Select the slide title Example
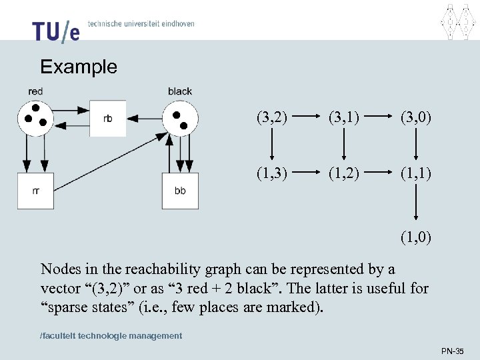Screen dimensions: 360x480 point(78,67)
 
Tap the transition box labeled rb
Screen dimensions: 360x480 point(107,119)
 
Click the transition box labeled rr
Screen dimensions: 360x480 point(35,191)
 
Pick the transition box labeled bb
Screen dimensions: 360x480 point(180,191)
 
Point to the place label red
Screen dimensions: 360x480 point(36,91)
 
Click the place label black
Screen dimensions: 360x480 point(180,91)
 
